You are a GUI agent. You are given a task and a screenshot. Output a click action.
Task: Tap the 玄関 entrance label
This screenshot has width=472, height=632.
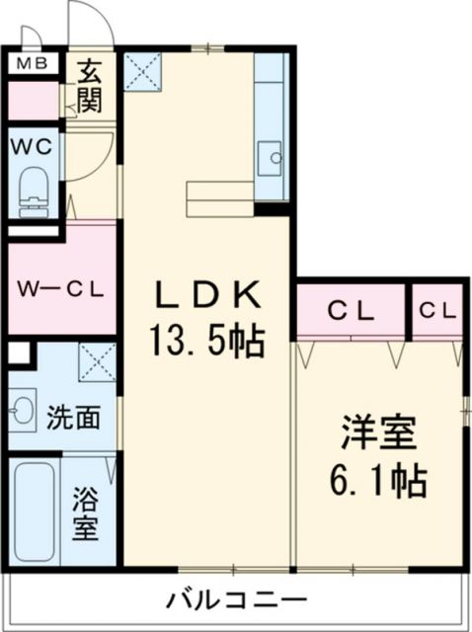[x=91, y=85]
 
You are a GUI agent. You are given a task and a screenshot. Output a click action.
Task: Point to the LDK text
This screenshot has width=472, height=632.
[x=204, y=292]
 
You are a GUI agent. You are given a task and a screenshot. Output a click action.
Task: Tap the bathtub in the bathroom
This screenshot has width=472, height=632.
[x=35, y=513]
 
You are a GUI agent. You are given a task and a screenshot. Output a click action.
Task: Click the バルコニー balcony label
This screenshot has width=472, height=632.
[x=236, y=598]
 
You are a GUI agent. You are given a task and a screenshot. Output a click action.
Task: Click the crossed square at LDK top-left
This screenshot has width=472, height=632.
[x=143, y=70]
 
